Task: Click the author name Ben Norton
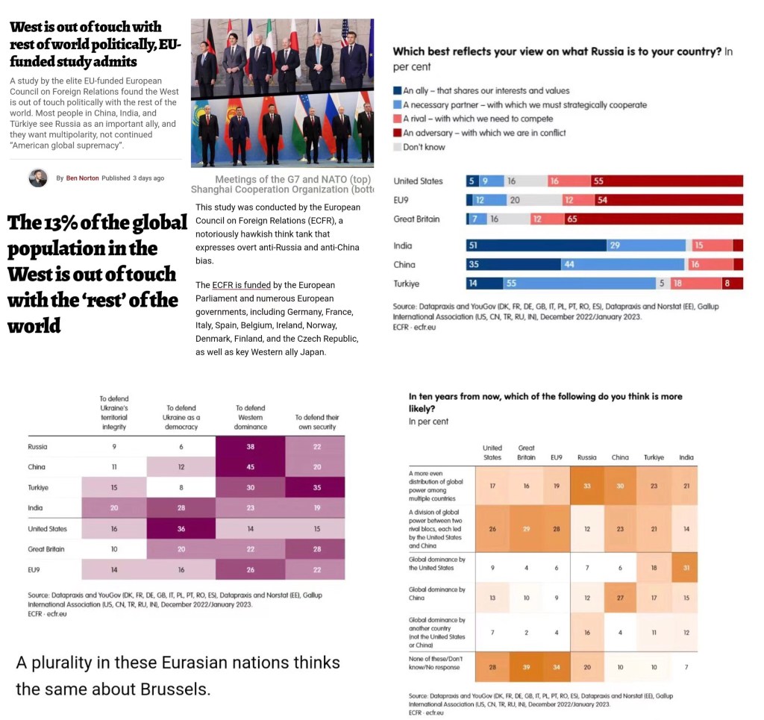(82, 178)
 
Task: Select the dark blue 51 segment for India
(536, 245)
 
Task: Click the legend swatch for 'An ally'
(397, 91)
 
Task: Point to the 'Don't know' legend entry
(423, 147)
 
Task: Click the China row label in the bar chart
(404, 265)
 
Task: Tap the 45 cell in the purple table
(251, 467)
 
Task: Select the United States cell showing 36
(181, 529)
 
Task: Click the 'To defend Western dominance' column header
(251, 417)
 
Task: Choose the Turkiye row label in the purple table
(37, 487)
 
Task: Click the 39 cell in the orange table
(526, 666)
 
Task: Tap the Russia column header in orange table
(587, 457)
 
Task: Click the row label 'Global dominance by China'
(436, 594)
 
